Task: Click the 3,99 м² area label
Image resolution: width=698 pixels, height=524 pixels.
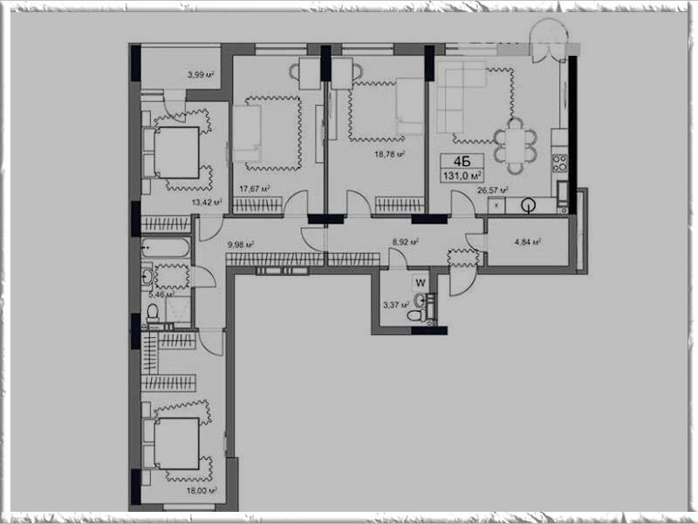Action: point(201,75)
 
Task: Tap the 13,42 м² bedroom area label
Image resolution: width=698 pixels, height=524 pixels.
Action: point(207,203)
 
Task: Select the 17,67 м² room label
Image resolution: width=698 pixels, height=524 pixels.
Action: point(255,189)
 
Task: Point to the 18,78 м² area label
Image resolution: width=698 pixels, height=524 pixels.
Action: point(389,155)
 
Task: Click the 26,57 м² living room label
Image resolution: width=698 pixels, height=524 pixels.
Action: point(493,190)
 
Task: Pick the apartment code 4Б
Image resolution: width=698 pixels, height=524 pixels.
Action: point(462,162)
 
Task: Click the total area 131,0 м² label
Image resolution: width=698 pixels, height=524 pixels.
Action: point(462,176)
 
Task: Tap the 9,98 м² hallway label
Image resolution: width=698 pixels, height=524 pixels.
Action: point(241,245)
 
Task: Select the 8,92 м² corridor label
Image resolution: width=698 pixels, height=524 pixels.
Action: point(405,243)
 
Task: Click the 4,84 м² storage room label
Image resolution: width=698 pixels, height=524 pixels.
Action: point(528,243)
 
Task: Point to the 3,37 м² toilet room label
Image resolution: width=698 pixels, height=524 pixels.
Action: point(396,305)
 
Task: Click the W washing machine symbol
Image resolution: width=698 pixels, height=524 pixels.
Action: point(421,282)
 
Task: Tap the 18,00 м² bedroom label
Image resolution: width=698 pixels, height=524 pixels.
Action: point(202,491)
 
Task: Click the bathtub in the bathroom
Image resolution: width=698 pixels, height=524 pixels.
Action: point(166,248)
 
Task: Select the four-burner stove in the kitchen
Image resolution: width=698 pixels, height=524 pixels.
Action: point(560,163)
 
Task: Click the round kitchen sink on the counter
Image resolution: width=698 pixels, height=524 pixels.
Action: point(529,205)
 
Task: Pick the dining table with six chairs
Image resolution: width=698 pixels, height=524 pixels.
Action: point(515,145)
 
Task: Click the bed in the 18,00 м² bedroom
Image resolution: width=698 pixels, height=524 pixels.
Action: point(172,444)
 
